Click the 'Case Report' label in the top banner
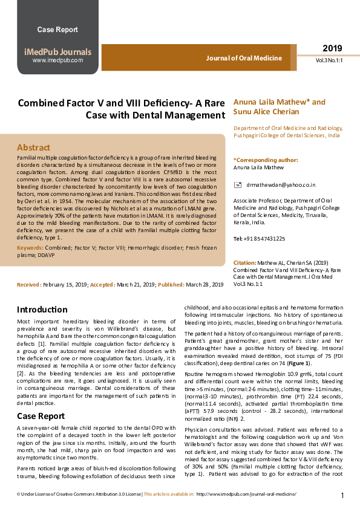(x=57, y=30)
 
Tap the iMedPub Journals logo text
(x=57, y=52)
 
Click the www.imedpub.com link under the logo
(x=57, y=60)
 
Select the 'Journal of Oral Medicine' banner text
(x=244, y=58)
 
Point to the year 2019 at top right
(x=332, y=48)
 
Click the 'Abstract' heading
(x=33, y=147)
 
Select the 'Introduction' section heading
(x=42, y=308)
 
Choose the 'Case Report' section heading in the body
(x=41, y=417)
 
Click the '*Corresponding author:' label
(x=257, y=160)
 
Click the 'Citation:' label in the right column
(x=244, y=263)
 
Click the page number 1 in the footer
(x=342, y=496)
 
